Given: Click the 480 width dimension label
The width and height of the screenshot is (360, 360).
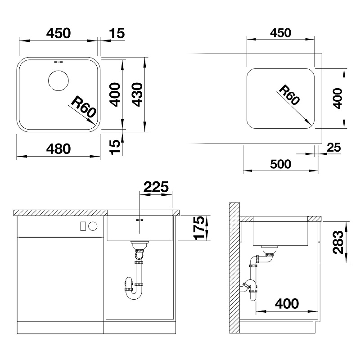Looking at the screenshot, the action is point(58,149).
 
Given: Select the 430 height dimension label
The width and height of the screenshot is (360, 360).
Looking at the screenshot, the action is point(138,94).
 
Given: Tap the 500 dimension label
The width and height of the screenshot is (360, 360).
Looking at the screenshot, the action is point(280,164).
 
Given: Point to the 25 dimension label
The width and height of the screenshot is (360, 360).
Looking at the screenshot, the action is point(334,148).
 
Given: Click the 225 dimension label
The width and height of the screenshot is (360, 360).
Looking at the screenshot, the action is point(156,187).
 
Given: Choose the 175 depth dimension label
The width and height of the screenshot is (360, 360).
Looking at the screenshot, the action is point(199,228).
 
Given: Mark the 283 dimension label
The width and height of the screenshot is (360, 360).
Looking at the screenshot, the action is point(338,242).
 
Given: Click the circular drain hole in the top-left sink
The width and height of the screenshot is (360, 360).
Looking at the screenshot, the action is point(58,81).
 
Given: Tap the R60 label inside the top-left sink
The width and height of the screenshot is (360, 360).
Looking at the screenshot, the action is point(83,107).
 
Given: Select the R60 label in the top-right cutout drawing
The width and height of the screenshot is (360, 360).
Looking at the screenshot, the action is point(289,94).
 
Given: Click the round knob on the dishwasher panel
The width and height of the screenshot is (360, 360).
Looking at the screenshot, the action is point(93,226).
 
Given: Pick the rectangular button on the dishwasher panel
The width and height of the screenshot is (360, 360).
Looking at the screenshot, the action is point(83,226).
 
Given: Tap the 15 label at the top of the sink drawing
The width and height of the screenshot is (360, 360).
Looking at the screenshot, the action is point(117,33).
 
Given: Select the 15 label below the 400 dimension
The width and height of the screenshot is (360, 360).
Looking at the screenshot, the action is point(115,147).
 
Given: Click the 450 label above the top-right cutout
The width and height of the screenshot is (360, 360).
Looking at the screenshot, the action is point(280,33).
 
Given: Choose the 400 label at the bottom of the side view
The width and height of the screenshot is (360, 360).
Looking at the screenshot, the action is point(287,303).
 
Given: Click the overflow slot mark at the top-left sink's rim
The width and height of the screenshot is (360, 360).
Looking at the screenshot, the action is point(58,62).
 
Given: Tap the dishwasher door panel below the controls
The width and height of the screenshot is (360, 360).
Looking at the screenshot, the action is point(60,279).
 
